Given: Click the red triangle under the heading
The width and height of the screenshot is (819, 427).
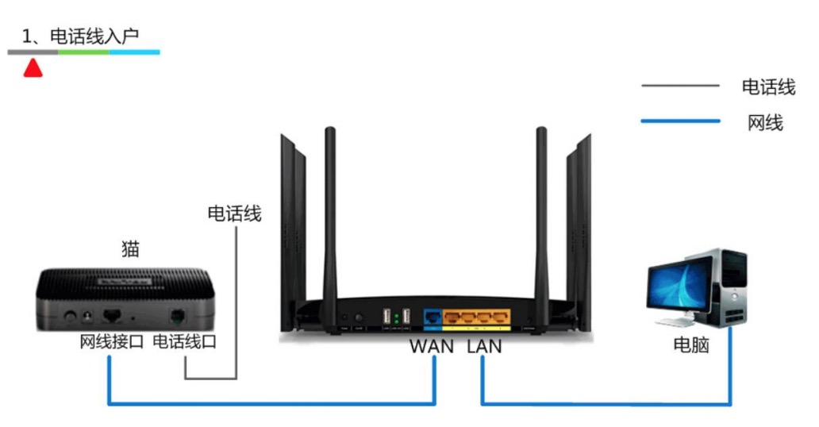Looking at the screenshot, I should click(33, 68).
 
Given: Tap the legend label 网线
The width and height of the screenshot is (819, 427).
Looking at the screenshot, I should click(765, 122).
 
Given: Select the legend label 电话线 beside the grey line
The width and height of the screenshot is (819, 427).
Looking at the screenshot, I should click(768, 87).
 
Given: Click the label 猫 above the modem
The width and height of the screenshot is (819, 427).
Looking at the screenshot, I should click(131, 248).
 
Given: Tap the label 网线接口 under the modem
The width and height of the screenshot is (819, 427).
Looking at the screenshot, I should click(111, 343).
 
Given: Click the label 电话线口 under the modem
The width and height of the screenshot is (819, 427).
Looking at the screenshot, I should click(184, 343).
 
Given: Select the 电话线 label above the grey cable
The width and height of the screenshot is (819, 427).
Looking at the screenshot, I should click(234, 213).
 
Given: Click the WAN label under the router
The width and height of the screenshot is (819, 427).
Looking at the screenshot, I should click(432, 347).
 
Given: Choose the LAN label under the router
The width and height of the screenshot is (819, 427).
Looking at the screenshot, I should click(484, 347).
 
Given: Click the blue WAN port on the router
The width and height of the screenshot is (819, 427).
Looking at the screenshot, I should click(433, 317).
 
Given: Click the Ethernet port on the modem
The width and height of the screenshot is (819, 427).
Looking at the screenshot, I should click(112, 315).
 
